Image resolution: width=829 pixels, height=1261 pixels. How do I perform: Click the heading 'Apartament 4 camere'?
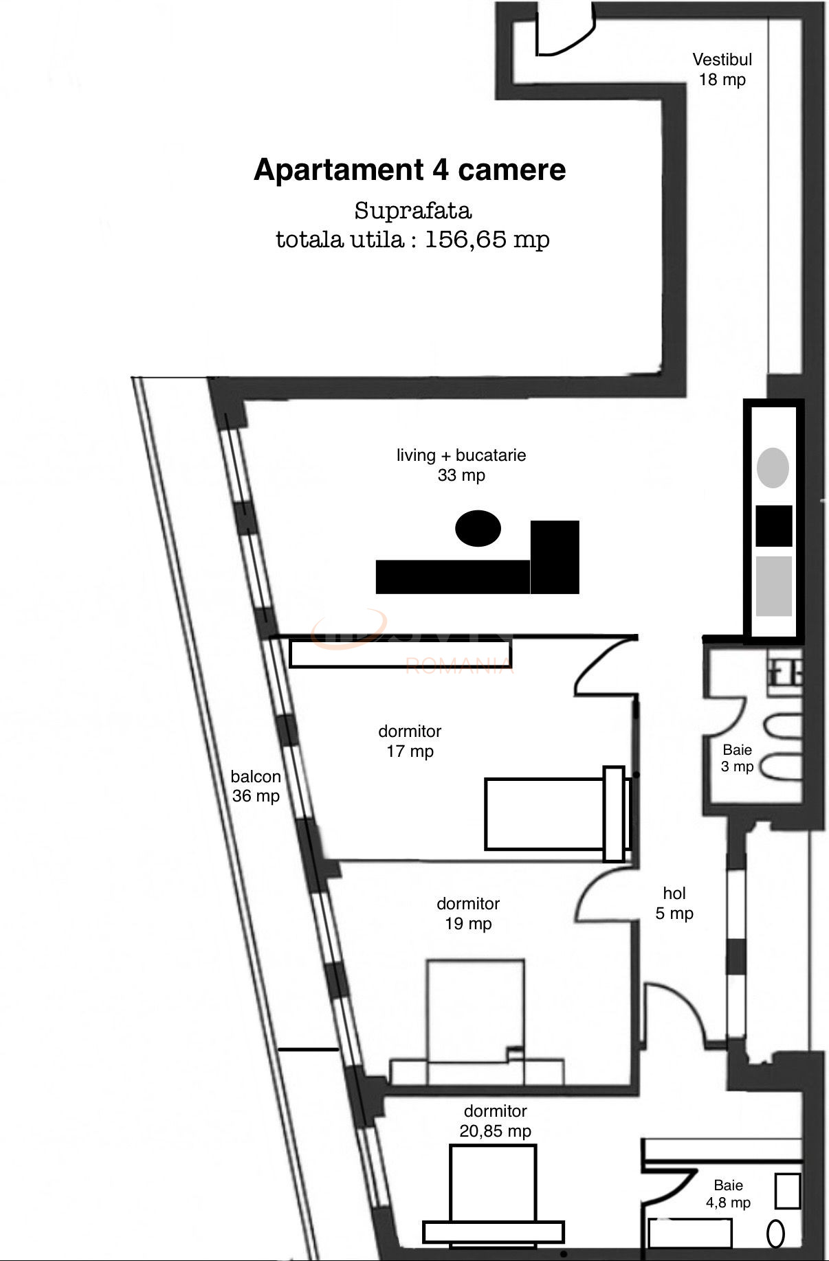click(410, 170)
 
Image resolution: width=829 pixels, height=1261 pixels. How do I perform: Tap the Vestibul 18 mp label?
click(722, 69)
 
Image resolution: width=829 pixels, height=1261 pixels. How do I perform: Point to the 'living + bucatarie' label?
click(461, 455)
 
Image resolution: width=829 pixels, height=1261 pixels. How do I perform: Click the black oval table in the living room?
click(478, 529)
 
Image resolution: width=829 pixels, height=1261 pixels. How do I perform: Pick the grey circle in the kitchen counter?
click(773, 468)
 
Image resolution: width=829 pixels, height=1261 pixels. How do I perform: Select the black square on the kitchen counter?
click(773, 526)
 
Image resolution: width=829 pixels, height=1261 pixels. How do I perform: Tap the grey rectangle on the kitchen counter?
click(773, 585)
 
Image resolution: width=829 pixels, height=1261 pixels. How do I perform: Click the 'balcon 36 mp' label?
click(256, 786)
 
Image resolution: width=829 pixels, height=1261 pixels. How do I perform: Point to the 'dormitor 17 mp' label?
click(410, 741)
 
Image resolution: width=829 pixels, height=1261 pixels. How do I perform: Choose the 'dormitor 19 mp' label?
click(468, 913)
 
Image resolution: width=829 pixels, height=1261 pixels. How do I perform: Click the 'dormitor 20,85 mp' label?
click(495, 1121)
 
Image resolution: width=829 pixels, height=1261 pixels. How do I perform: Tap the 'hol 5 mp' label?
click(674, 903)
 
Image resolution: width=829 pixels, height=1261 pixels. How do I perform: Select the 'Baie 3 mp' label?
click(737, 758)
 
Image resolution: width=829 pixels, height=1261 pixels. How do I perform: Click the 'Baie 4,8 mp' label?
click(728, 1194)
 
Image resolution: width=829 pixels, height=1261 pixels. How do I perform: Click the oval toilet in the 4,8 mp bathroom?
click(775, 1234)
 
